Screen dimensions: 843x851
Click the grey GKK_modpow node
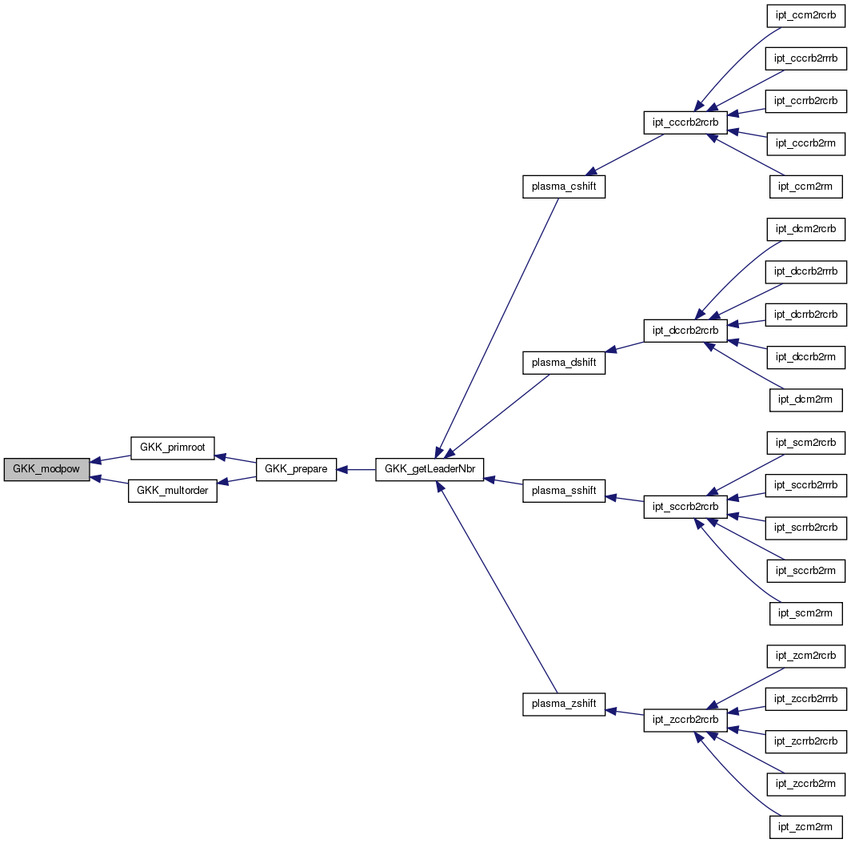[46, 469]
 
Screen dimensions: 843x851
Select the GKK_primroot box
[172, 448]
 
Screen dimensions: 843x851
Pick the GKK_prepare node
[296, 469]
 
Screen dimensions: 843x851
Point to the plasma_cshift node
[564, 187]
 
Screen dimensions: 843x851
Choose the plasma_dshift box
[564, 362]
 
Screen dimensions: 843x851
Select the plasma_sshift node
[564, 491]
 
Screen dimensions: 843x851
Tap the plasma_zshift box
[564, 704]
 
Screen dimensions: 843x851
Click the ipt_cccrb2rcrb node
[685, 122]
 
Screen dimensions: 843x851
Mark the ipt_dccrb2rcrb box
[685, 330]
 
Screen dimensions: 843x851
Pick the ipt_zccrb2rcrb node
[685, 720]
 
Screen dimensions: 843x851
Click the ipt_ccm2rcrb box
[805, 15]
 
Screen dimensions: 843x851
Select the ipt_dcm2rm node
[805, 399]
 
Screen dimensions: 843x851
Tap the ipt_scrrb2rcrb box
[805, 528]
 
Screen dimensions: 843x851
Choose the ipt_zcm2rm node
[805, 827]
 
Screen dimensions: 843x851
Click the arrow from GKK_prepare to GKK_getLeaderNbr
[356, 469]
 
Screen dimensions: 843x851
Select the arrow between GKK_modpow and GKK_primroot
[110, 459]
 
